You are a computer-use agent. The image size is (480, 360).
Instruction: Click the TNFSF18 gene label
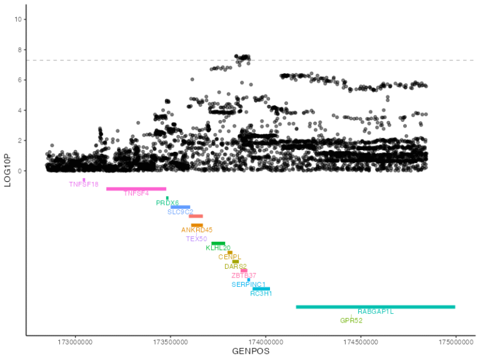[x=84, y=184]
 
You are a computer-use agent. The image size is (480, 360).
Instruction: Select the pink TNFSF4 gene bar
[x=136, y=189]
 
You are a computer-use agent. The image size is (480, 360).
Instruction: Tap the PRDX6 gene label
[x=167, y=203]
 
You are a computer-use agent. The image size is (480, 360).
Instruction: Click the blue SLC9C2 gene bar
[x=180, y=207]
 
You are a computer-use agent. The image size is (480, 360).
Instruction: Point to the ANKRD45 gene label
[x=197, y=230]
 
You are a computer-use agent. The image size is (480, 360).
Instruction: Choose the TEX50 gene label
[x=196, y=239]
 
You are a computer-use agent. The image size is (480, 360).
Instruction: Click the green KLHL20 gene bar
[x=218, y=243]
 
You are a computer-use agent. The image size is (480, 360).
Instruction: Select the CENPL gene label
[x=229, y=257]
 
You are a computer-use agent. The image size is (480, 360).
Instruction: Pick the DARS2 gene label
[x=236, y=266]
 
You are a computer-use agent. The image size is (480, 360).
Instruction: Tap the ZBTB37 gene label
[x=244, y=276]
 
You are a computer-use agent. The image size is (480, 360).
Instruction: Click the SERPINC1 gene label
[x=248, y=284]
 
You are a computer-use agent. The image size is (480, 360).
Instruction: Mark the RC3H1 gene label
[x=261, y=293]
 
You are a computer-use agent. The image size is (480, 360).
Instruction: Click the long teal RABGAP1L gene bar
[x=375, y=307]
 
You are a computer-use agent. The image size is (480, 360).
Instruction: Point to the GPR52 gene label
[x=351, y=321]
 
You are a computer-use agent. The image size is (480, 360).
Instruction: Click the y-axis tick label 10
[x=19, y=19]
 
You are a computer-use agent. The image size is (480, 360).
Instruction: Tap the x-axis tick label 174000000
[x=266, y=342]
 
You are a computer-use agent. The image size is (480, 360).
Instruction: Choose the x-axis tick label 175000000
[x=456, y=342]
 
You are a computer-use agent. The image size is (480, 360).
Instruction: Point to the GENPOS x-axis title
[x=250, y=352]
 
